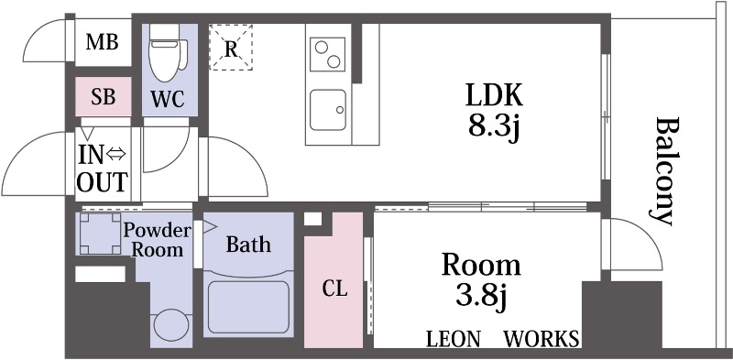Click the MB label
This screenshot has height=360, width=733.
click(x=103, y=42)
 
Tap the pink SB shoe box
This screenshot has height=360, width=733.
click(x=104, y=97)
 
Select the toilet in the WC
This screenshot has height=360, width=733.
click(x=167, y=53)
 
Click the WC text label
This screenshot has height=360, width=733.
click(x=168, y=99)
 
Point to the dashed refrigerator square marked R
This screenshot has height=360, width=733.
click(x=231, y=48)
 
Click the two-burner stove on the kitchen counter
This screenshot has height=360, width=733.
click(x=327, y=55)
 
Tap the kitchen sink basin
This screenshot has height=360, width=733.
click(x=328, y=110)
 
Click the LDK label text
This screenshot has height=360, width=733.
click(x=494, y=96)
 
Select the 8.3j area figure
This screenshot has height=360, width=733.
click(x=494, y=126)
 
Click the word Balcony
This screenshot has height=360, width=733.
click(x=663, y=171)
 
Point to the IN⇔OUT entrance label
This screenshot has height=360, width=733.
click(x=103, y=169)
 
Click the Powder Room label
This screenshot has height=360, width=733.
click(x=156, y=240)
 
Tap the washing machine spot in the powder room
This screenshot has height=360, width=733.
click(x=100, y=234)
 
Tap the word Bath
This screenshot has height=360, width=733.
click(x=248, y=244)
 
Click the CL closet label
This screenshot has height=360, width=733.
click(x=334, y=289)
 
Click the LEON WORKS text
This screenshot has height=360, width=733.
click(x=502, y=339)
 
